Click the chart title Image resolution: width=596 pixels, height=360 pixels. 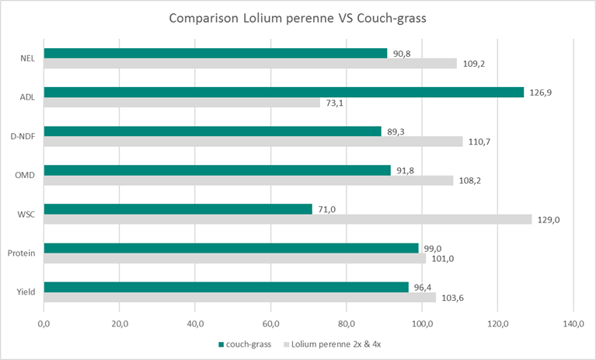pos(298,18)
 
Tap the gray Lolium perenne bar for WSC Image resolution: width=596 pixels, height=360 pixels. pos(288,219)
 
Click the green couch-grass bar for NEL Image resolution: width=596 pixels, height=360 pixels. pos(215,54)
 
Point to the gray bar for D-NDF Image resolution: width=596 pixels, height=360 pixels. pos(253,142)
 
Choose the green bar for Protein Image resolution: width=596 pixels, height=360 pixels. pos(231,248)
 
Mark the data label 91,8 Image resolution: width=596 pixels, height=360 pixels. pos(405,170)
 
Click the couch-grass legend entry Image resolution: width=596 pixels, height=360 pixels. pos(248,344)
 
